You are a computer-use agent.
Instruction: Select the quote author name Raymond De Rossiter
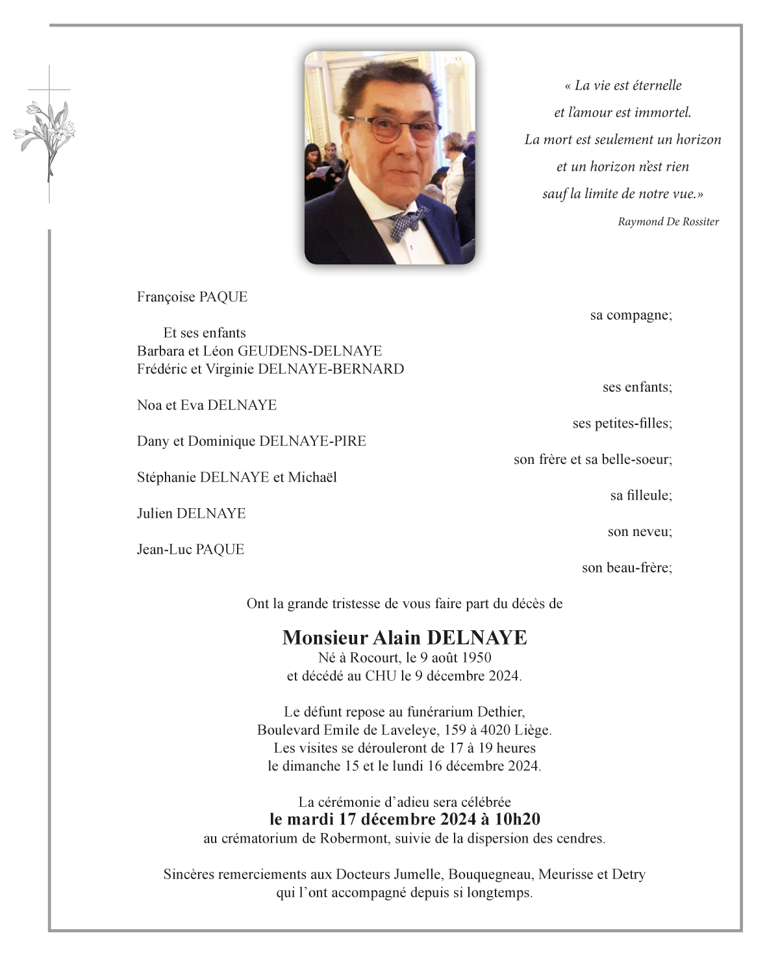[668, 222]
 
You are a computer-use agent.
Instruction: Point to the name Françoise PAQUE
[192, 297]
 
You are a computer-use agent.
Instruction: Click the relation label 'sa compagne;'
[631, 315]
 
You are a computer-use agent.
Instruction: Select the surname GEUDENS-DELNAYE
[310, 351]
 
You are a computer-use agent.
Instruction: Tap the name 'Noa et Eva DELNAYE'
[207, 405]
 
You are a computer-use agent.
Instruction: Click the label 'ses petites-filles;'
[622, 424]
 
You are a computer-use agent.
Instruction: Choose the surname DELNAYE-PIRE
[312, 441]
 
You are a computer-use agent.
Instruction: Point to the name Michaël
[312, 478]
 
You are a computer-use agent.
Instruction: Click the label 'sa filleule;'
[641, 496]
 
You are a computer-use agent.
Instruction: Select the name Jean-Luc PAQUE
[190, 550]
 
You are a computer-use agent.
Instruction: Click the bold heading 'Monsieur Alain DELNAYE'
[405, 637]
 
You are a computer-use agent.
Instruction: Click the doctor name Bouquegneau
[490, 875]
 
